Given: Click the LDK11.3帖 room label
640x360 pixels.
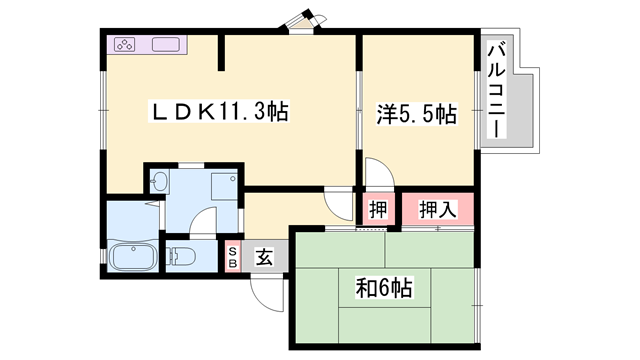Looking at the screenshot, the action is [220, 111].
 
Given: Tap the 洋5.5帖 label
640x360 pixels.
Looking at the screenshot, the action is [416, 114].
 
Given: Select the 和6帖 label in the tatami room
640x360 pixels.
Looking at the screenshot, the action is [384, 288].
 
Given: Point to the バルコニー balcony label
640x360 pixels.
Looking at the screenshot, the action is [497, 91].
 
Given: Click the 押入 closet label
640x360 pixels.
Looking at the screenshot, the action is [438, 209].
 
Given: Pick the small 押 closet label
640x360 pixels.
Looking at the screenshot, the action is [378, 210].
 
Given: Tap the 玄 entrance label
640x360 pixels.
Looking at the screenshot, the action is [264, 257].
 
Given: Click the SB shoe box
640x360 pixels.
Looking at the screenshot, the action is [233, 257].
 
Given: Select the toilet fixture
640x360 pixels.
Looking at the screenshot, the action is [180, 256].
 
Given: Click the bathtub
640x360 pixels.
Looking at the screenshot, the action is [132, 256].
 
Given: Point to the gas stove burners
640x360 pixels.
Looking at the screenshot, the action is [125, 44].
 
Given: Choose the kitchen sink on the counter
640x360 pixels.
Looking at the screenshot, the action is [166, 44].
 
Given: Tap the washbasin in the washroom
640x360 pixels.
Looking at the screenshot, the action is [159, 182].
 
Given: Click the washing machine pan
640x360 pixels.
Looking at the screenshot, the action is [224, 187].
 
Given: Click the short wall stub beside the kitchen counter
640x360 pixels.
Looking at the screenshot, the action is [221, 52].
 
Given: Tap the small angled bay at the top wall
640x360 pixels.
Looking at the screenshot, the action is [303, 20].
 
